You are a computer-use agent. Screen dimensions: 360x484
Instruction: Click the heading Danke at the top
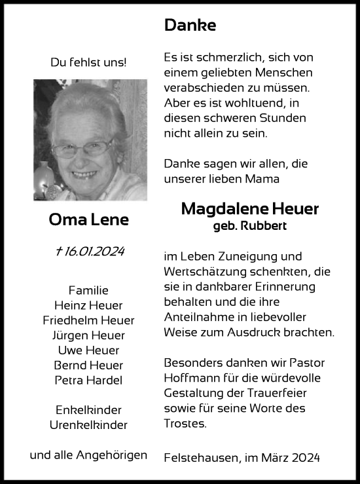point(190,26)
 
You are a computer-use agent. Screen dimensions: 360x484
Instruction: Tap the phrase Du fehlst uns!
point(89,62)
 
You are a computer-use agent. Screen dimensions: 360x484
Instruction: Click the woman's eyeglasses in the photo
point(83,148)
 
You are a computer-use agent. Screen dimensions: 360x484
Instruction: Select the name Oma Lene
point(89,220)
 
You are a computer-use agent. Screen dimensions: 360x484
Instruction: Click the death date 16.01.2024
point(94,252)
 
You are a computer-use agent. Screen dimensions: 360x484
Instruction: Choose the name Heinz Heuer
point(89,305)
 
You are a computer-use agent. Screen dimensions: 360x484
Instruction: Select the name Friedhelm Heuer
point(89,320)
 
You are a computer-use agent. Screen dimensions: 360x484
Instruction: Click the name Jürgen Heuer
point(89,335)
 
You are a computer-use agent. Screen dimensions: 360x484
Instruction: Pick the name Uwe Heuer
point(89,350)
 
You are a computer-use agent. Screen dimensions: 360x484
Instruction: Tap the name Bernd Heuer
point(89,365)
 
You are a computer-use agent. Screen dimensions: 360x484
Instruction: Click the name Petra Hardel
point(89,381)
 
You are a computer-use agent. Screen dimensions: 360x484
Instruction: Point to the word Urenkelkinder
point(89,425)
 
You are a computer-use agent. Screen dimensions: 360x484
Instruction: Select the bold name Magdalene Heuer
point(249,209)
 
